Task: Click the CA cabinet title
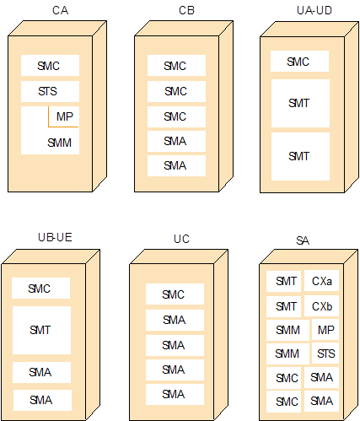pos(60,10)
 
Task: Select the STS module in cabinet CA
pos(50,91)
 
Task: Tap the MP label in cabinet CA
pos(65,116)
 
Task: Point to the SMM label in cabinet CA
pos(59,143)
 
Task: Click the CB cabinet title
pos(186,10)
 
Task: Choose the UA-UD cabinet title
pos(314,10)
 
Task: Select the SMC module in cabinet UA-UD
pos(299,62)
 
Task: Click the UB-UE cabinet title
pos(55,237)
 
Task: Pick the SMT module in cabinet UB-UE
pos(41,330)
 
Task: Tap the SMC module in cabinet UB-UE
pos(40,289)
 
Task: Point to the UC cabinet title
pos(181,239)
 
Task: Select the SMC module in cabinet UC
pos(175,294)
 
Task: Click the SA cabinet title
pos(303,240)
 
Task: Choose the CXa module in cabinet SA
pos(322,281)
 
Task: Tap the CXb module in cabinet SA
pos(322,306)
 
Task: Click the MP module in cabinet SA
pos(325,330)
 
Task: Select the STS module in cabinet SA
pos(325,354)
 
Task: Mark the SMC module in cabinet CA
pos(50,66)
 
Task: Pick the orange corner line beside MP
pos(49,127)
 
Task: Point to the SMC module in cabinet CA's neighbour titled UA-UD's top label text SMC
pos(298,62)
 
